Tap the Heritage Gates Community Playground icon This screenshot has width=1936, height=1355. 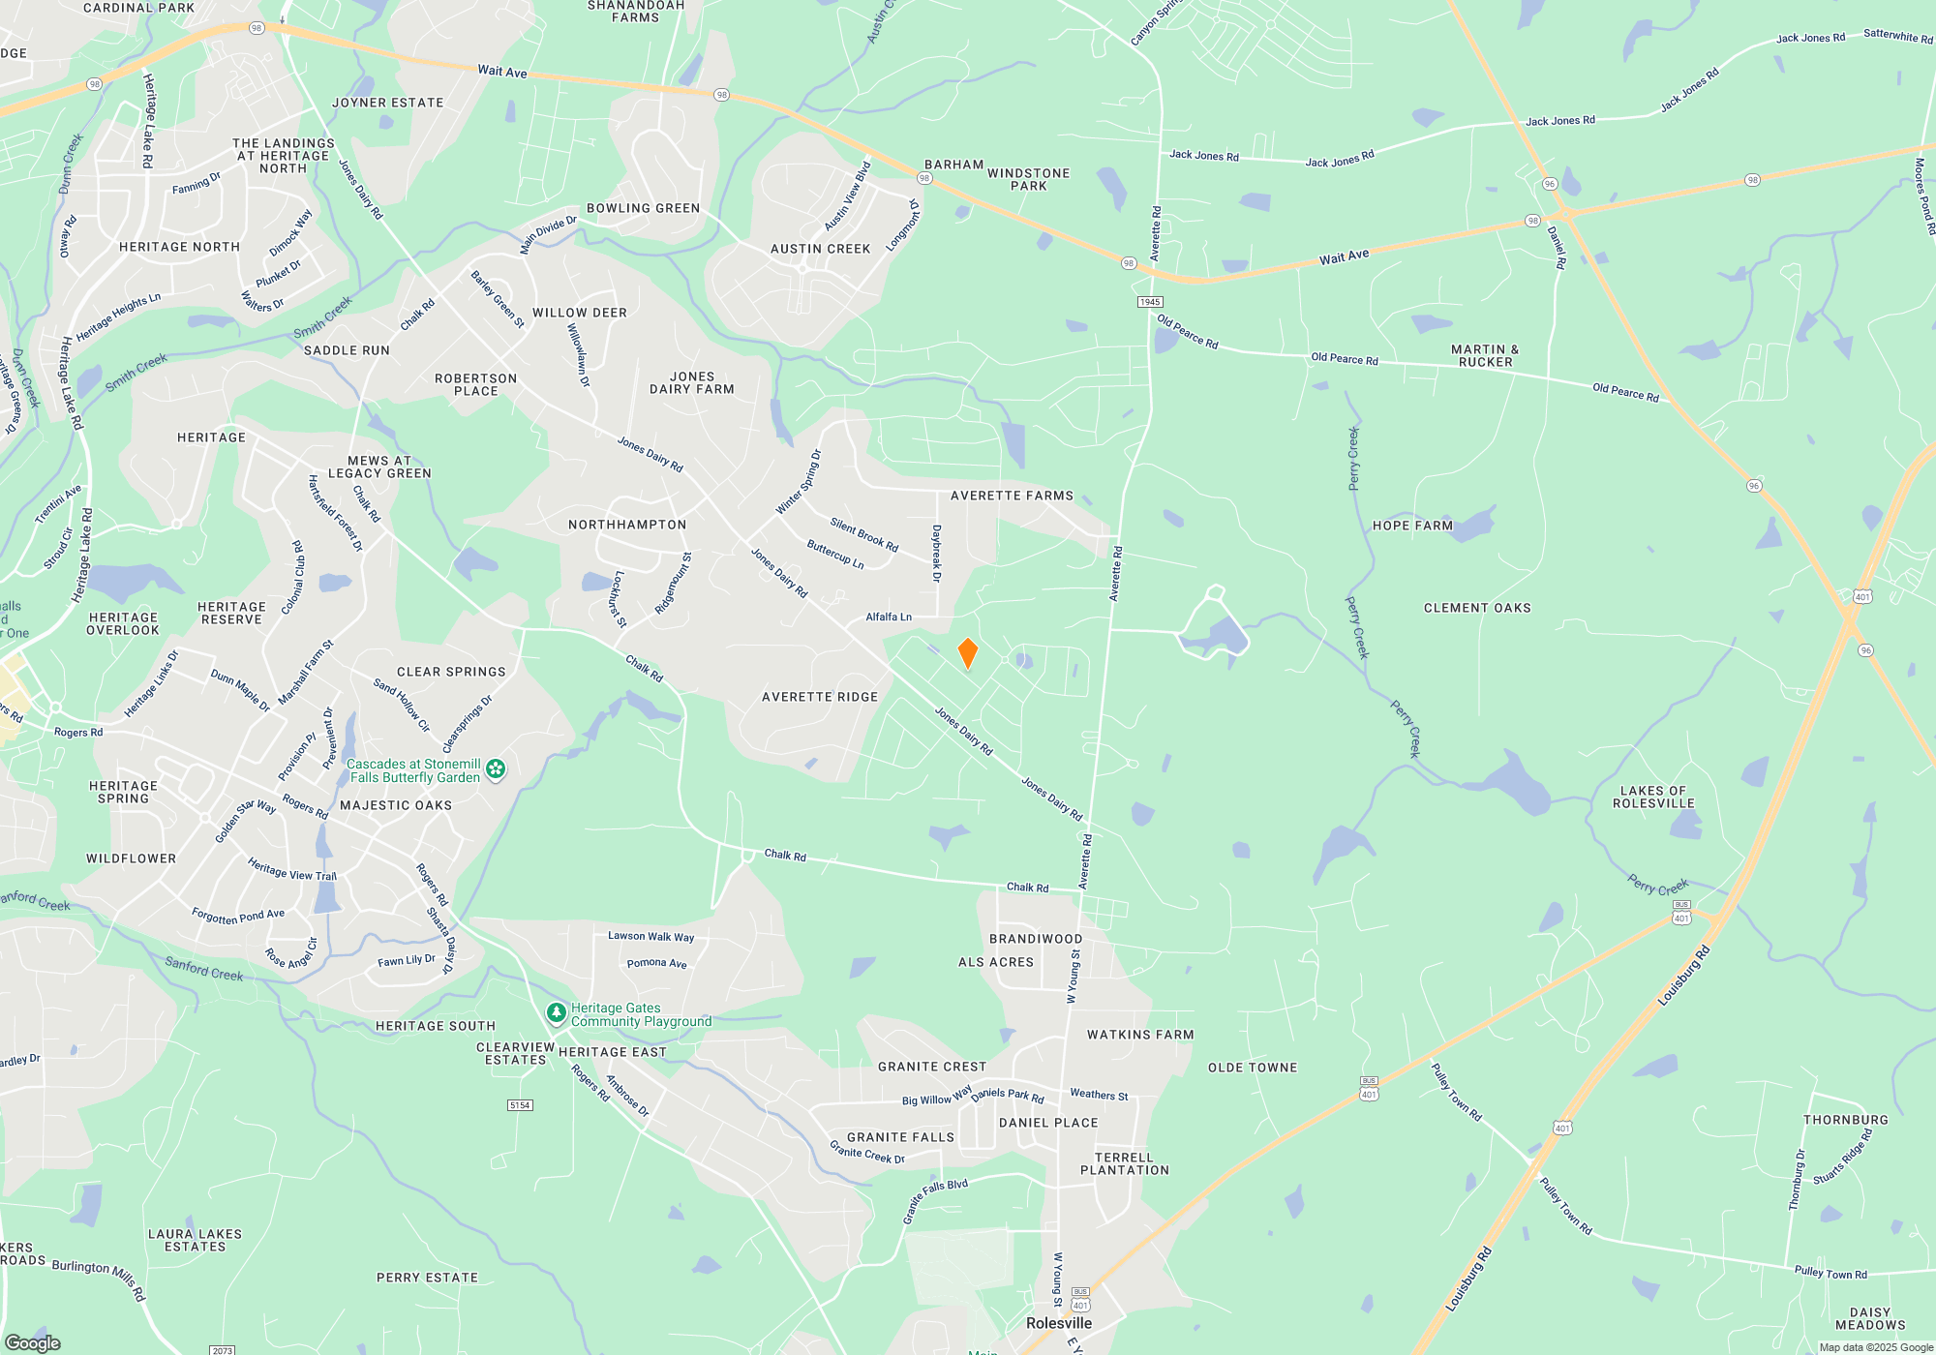click(x=556, y=1013)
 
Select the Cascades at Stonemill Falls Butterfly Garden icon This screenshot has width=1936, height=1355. click(x=496, y=769)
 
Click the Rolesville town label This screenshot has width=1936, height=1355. click(x=1059, y=1323)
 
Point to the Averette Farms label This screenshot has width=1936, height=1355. click(x=1012, y=496)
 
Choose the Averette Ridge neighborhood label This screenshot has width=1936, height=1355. click(x=820, y=697)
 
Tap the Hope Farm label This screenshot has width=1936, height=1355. click(x=1412, y=526)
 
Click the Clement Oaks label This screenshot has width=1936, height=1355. click(x=1477, y=608)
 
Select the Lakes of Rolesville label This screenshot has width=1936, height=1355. click(x=1653, y=797)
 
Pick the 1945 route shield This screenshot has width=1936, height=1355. click(x=1150, y=302)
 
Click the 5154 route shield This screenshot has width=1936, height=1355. click(x=520, y=1104)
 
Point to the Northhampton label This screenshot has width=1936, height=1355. click(x=627, y=525)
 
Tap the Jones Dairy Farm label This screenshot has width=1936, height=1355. click(x=692, y=383)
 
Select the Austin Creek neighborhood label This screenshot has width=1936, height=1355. click(x=821, y=249)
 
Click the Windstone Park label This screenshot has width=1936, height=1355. click(x=1028, y=179)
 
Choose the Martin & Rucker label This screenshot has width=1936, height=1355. click(x=1485, y=355)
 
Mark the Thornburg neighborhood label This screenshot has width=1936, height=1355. click(x=1846, y=1120)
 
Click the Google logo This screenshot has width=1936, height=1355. click(x=33, y=1342)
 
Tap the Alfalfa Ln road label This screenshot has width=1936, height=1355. click(x=889, y=617)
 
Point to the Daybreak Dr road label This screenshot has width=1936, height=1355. click(x=936, y=553)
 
